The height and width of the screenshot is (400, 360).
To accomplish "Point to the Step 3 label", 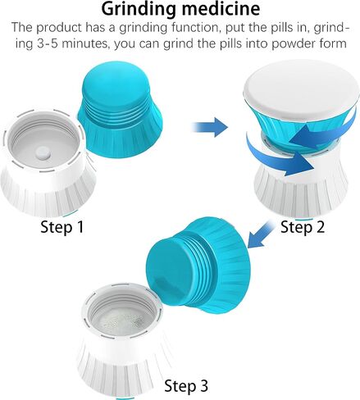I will [x=186, y=384].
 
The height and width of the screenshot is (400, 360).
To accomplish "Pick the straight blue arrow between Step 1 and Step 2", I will [x=209, y=125].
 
